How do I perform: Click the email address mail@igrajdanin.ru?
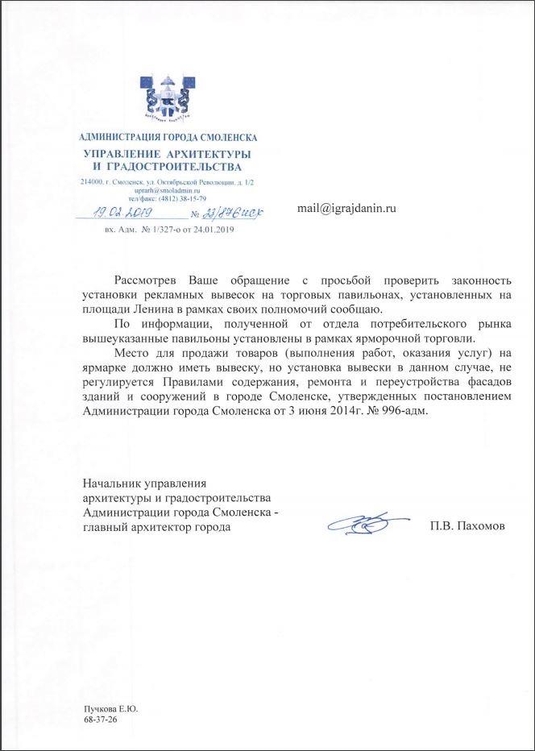point(347,207)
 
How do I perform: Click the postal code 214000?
point(93,182)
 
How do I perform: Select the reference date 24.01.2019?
point(210,230)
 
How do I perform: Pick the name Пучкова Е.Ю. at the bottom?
point(111,709)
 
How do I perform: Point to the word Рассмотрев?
point(148,280)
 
